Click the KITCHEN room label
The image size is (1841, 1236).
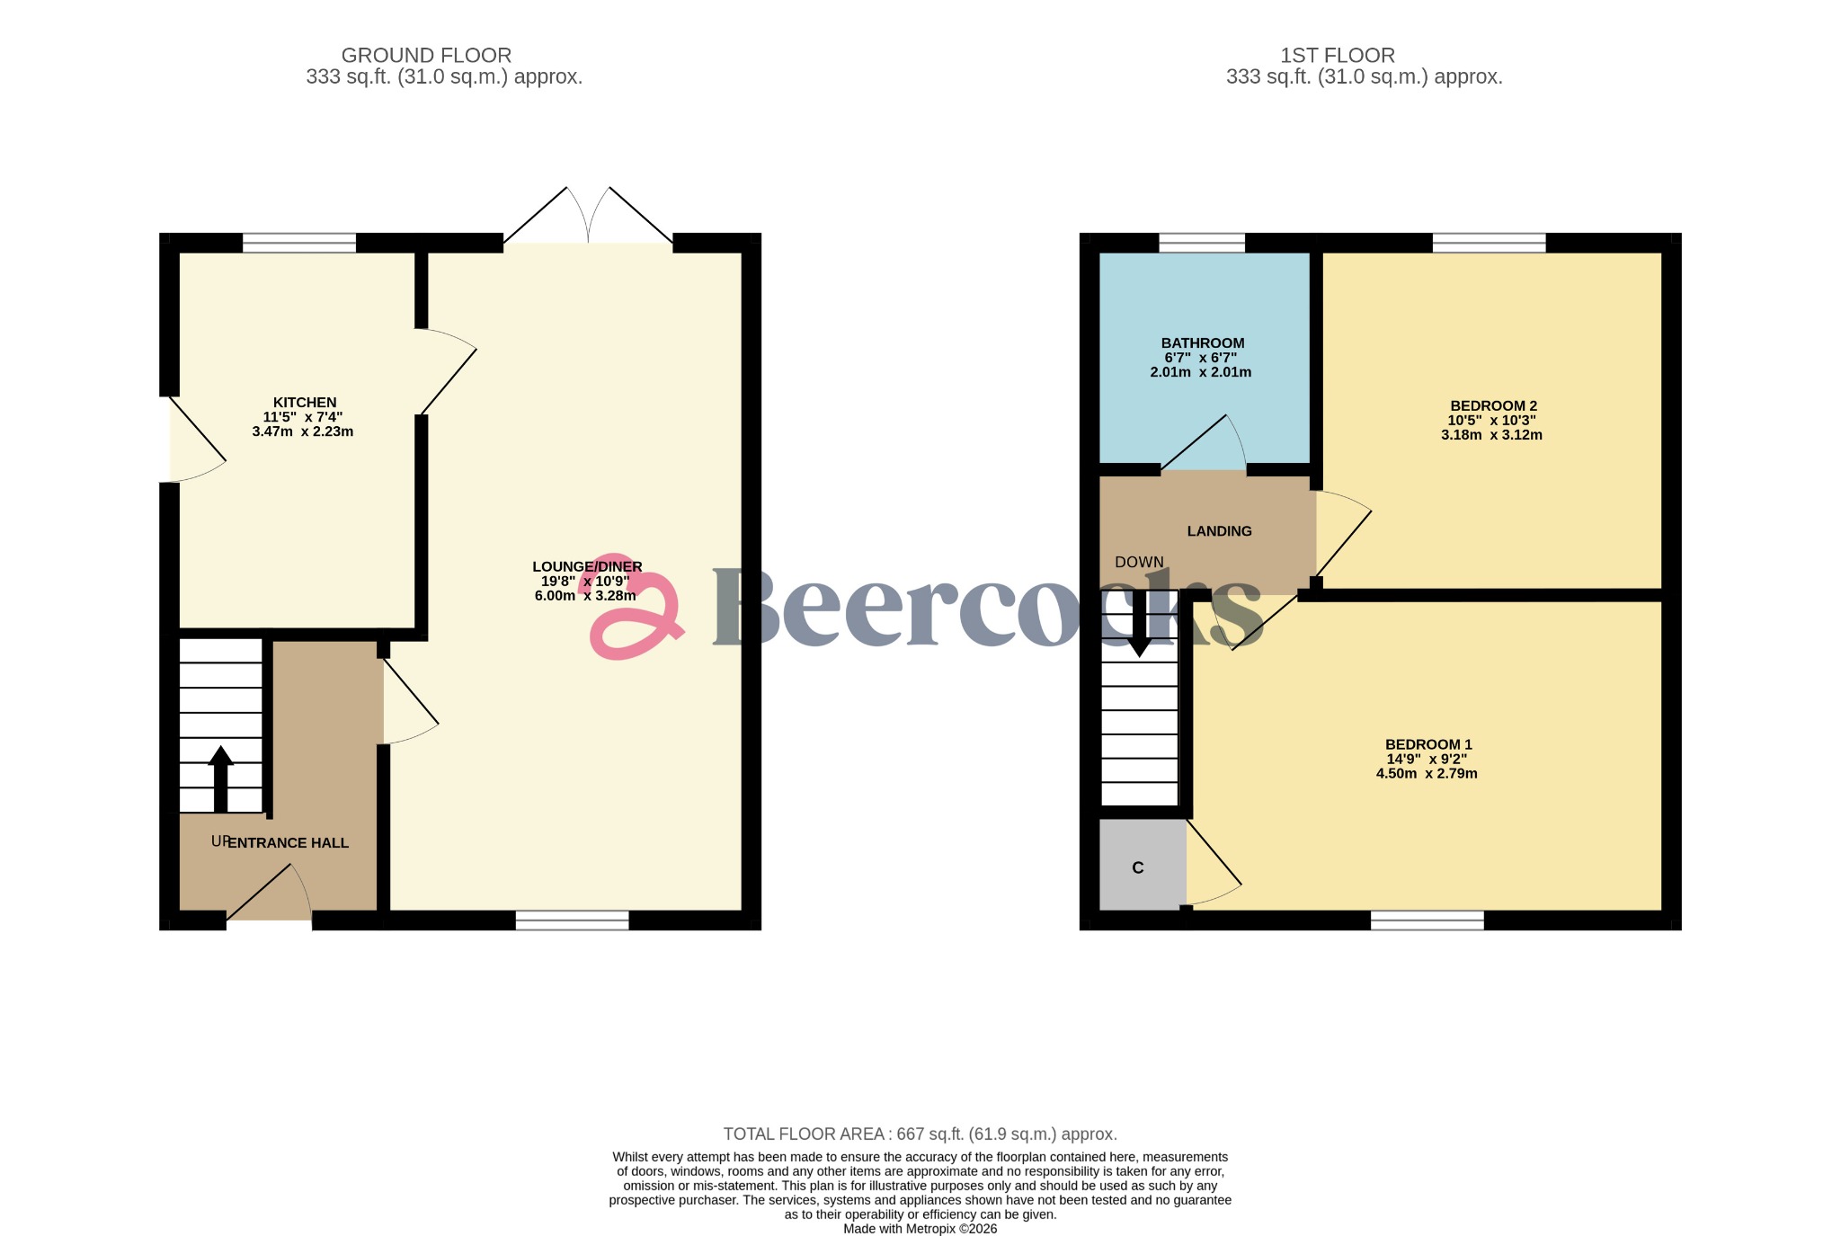click(305, 403)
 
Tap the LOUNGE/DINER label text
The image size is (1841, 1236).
click(587, 567)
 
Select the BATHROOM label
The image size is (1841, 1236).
click(1202, 343)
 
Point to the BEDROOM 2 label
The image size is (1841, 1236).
click(1493, 406)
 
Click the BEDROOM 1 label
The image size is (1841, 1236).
click(1427, 744)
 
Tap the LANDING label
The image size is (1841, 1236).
click(1219, 531)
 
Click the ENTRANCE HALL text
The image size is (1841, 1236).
click(288, 843)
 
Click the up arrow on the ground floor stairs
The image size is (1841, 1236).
click(220, 778)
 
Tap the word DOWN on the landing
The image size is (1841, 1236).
click(1139, 563)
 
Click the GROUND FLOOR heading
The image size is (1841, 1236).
click(426, 56)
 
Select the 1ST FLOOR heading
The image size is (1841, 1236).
click(1337, 56)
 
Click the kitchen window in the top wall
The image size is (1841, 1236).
click(299, 243)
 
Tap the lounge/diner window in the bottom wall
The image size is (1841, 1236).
click(572, 920)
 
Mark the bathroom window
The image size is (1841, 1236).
click(1202, 243)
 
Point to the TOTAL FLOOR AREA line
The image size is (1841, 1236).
click(920, 1134)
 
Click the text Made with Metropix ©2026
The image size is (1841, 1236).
click(920, 1229)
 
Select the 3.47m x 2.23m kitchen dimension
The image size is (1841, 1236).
click(303, 431)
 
